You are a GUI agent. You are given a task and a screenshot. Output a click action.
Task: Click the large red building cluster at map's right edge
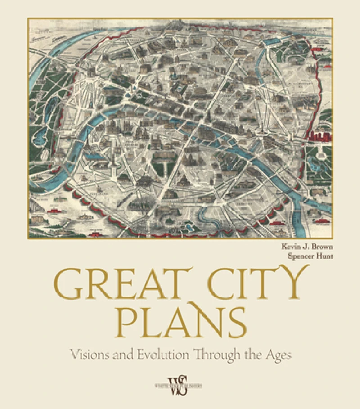pyautogui.click(x=320, y=132)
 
